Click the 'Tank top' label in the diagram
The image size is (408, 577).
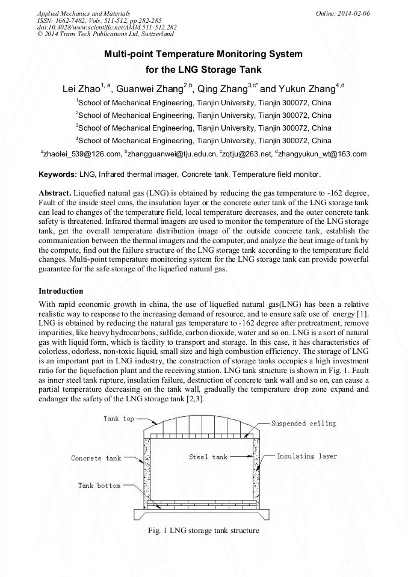coord(119,419)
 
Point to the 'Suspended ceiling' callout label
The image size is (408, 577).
coord(303,424)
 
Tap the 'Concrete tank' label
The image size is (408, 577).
coord(96,458)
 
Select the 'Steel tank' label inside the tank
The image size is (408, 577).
coord(208,457)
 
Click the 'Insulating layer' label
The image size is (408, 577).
coord(307,456)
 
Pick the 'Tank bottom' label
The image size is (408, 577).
coord(99,486)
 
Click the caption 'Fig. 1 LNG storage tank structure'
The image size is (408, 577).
coord(203,531)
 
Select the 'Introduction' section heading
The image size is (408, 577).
coord(61,291)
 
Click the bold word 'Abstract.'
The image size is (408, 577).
coord(54,193)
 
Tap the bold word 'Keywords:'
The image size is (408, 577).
coord(57,174)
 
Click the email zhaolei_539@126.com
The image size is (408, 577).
coord(82,154)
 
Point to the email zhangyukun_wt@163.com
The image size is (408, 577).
coord(322,154)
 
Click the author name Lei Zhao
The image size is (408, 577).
coord(81,89)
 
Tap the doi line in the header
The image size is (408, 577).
coord(107,27)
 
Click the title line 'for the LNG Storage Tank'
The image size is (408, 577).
coord(203,70)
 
